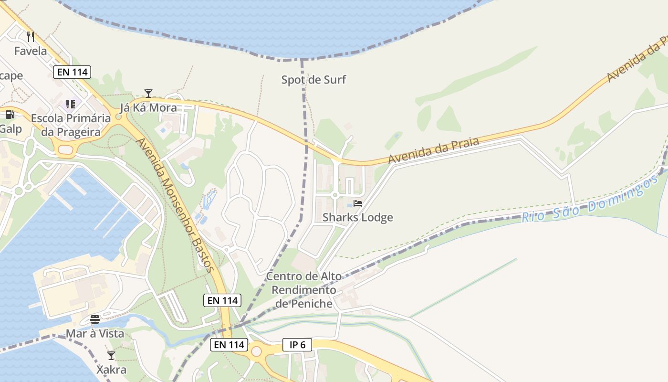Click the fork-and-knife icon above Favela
coord(31,36)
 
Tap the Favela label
coord(31,51)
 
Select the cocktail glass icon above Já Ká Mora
coord(148,94)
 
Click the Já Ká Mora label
coord(148,107)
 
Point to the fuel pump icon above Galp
coord(10,115)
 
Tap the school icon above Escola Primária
coord(71,104)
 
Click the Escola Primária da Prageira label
coord(71,125)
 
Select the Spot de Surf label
coord(313,80)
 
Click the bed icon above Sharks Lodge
coord(358,203)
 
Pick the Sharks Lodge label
coord(358,218)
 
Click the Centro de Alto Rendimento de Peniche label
coord(304,290)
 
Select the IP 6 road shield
coord(297,344)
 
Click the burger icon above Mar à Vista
coord(95,319)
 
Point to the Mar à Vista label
coord(95,334)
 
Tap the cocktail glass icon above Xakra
coord(111,356)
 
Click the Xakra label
coord(111,370)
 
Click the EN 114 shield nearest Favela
coord(71,72)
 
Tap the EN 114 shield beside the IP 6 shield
coord(229,344)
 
